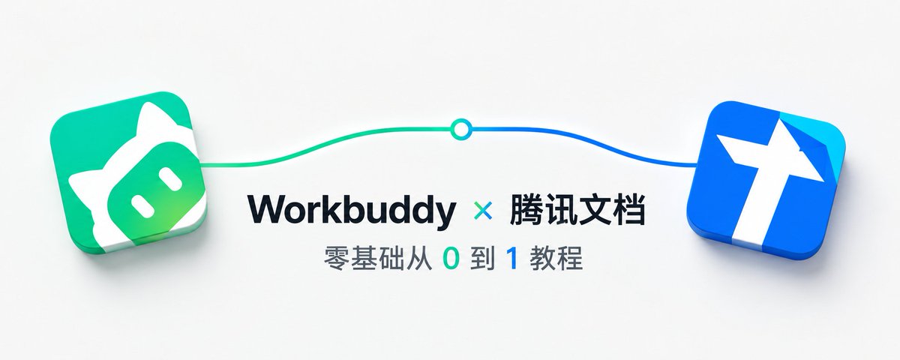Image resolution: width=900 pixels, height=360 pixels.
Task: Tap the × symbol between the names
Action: click(483, 211)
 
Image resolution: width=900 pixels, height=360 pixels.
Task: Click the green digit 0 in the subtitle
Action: click(451, 259)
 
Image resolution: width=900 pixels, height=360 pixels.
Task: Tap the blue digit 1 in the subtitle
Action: click(512, 259)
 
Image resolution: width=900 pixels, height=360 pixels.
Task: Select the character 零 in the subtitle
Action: click(336, 259)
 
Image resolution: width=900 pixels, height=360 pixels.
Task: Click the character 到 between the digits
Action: click(482, 259)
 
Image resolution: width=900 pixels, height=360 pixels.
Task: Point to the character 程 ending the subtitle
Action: click(570, 259)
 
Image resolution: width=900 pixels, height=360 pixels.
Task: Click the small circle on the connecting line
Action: click(460, 129)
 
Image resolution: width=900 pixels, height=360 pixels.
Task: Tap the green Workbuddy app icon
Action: click(127, 172)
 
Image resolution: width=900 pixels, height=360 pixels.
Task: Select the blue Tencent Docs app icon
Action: click(766, 181)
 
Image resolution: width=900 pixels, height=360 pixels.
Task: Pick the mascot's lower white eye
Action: click(142, 205)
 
